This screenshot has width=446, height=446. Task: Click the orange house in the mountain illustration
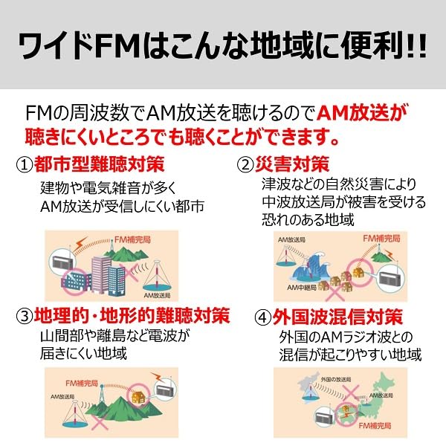(138, 399)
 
